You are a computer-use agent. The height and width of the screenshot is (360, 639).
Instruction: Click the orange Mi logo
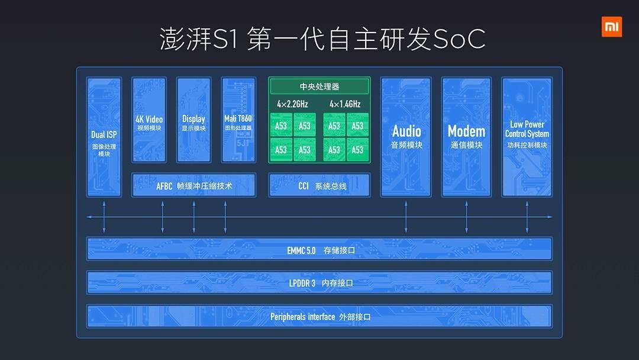[611, 27]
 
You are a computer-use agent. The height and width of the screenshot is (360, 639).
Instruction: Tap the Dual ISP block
[104, 137]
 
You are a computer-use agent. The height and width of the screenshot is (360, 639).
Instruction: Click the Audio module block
[406, 137]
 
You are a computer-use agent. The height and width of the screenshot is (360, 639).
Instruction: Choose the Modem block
[466, 137]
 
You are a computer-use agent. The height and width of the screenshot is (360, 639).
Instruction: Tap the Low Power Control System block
[527, 137]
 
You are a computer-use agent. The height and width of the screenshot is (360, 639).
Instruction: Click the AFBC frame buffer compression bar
[193, 186]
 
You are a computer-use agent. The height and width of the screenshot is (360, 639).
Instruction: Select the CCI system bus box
[319, 186]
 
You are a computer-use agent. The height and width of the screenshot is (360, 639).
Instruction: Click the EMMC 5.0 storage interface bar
[319, 250]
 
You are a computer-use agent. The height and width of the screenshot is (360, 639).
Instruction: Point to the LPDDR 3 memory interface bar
[319, 283]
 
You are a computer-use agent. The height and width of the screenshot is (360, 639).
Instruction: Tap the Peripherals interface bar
[319, 317]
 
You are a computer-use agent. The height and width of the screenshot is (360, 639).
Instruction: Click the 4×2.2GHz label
[292, 104]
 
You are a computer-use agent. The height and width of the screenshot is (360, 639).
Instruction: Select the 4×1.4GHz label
[345, 104]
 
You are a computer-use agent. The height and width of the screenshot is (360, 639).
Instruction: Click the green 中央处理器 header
[319, 87]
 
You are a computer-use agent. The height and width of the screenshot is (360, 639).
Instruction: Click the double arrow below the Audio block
[406, 217]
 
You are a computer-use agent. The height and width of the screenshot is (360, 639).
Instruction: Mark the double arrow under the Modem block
[466, 217]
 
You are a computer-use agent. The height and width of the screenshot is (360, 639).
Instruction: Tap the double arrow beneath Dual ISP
[104, 217]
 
